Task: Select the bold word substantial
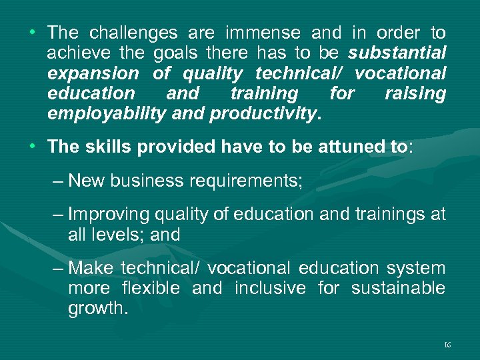point(397,53)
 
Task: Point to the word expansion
point(93,73)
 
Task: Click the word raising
point(415,93)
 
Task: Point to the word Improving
point(109,214)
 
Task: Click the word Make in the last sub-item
point(91,268)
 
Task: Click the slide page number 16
point(447,345)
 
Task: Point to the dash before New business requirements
point(58,181)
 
